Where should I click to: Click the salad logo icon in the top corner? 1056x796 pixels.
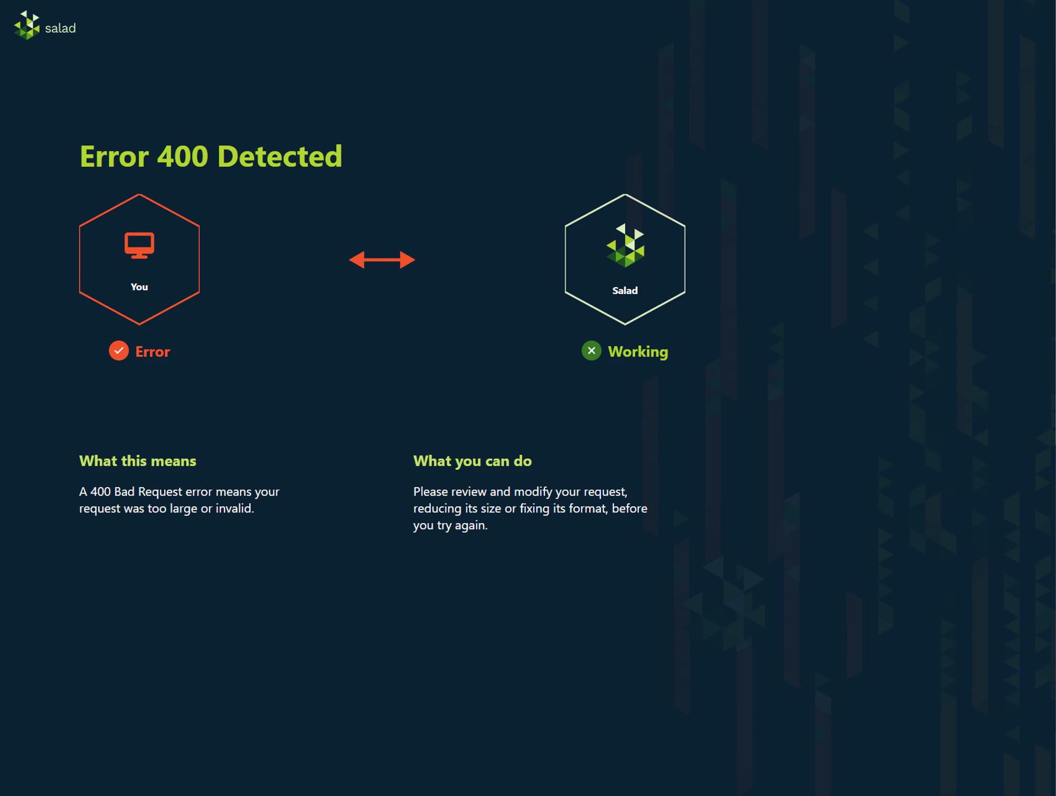pos(27,25)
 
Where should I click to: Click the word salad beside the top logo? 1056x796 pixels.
pos(60,28)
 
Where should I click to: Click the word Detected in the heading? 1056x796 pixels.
pos(280,156)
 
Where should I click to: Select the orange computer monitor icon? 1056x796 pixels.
pos(139,245)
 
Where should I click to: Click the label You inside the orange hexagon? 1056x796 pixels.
pos(139,287)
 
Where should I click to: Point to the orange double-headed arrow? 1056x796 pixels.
pos(382,260)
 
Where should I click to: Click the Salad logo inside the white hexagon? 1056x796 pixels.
pos(625,245)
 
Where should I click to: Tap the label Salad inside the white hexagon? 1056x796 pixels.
pos(625,290)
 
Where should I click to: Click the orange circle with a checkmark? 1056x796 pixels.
pos(119,350)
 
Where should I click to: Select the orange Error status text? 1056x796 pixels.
pos(153,352)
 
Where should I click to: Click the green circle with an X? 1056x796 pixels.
pos(591,350)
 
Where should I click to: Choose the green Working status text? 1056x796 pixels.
pos(638,352)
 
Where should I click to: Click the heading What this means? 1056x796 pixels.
pos(138,461)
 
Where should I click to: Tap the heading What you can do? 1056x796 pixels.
pos(473,461)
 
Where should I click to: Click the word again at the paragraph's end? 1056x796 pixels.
pos(472,526)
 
